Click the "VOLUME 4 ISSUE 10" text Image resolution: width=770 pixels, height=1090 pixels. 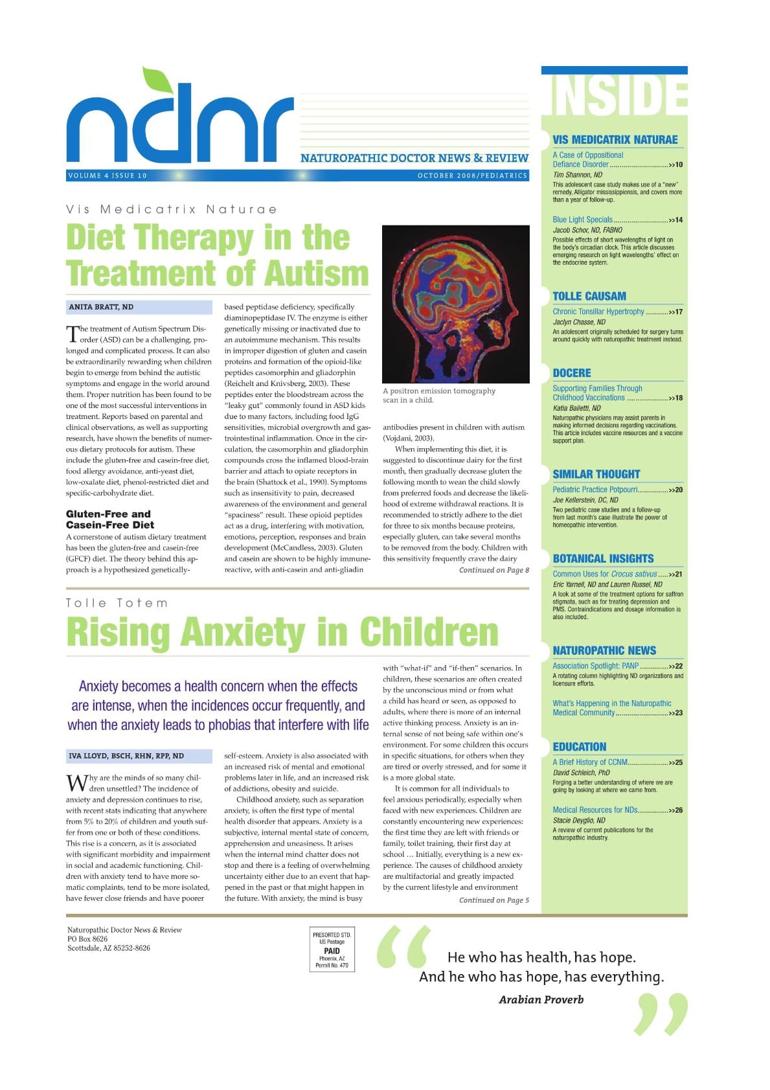coord(108,176)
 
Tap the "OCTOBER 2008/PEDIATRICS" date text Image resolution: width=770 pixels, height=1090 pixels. coord(472,176)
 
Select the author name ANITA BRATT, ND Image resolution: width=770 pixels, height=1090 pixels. coord(101,307)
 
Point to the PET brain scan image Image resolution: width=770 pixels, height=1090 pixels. coord(455,304)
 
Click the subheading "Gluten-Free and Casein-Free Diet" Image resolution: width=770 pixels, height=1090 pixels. coord(109,519)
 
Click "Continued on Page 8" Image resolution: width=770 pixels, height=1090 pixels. coord(493,570)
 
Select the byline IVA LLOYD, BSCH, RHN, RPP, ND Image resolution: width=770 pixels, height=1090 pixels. coord(126,756)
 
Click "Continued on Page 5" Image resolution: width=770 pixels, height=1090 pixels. coord(493,900)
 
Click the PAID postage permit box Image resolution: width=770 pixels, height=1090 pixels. coord(332,949)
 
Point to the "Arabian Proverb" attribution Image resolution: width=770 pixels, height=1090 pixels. coord(541,999)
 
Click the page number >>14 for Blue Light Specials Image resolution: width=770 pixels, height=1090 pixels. coord(675,220)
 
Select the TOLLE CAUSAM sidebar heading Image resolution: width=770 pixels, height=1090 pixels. coord(589,296)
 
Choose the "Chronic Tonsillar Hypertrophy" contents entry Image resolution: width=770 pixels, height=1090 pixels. coord(598,312)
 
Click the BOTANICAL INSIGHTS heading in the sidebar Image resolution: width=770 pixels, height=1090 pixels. coord(603,558)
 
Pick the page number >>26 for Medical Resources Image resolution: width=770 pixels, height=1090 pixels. coord(675,810)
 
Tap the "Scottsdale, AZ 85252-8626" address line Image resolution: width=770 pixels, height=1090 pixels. coord(109,948)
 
